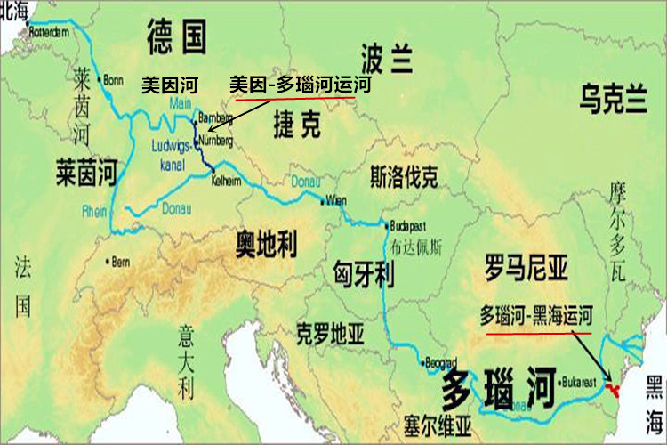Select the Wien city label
point(336,199)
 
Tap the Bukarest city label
point(583,383)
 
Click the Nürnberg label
point(218,141)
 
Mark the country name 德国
point(177,37)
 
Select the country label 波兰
point(388,60)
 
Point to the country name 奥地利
point(266,242)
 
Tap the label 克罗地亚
point(330,335)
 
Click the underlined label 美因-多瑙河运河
point(300,85)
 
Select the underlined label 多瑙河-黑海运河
point(537,316)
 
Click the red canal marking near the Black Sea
point(612,389)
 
